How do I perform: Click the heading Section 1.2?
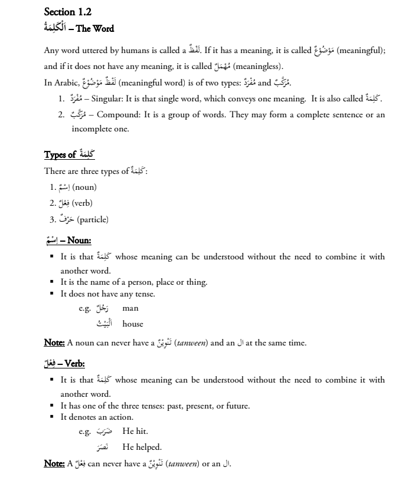(68, 11)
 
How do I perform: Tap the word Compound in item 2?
(116, 114)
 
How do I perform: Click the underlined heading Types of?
(60, 155)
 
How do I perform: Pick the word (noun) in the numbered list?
(84, 187)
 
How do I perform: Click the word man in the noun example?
(130, 308)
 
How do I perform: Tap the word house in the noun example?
(133, 324)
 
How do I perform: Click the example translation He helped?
(142, 447)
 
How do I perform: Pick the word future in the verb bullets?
(237, 406)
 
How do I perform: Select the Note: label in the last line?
(55, 463)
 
